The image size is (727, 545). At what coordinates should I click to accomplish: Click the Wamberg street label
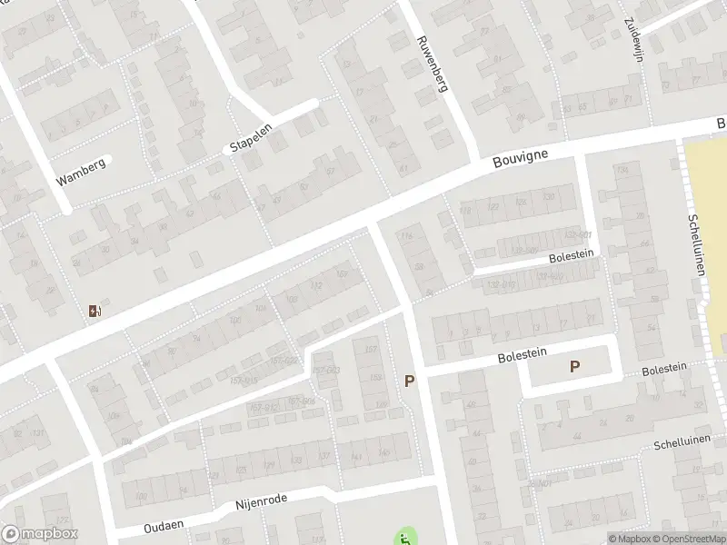(81, 171)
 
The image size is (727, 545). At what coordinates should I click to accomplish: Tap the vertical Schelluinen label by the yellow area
(697, 245)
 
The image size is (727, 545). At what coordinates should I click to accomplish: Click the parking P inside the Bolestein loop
(574, 366)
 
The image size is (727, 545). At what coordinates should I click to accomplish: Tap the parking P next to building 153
(410, 381)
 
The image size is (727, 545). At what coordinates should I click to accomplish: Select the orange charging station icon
(94, 312)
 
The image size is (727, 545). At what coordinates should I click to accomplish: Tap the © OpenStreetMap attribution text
(689, 539)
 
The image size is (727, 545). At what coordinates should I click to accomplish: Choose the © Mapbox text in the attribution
(629, 539)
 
